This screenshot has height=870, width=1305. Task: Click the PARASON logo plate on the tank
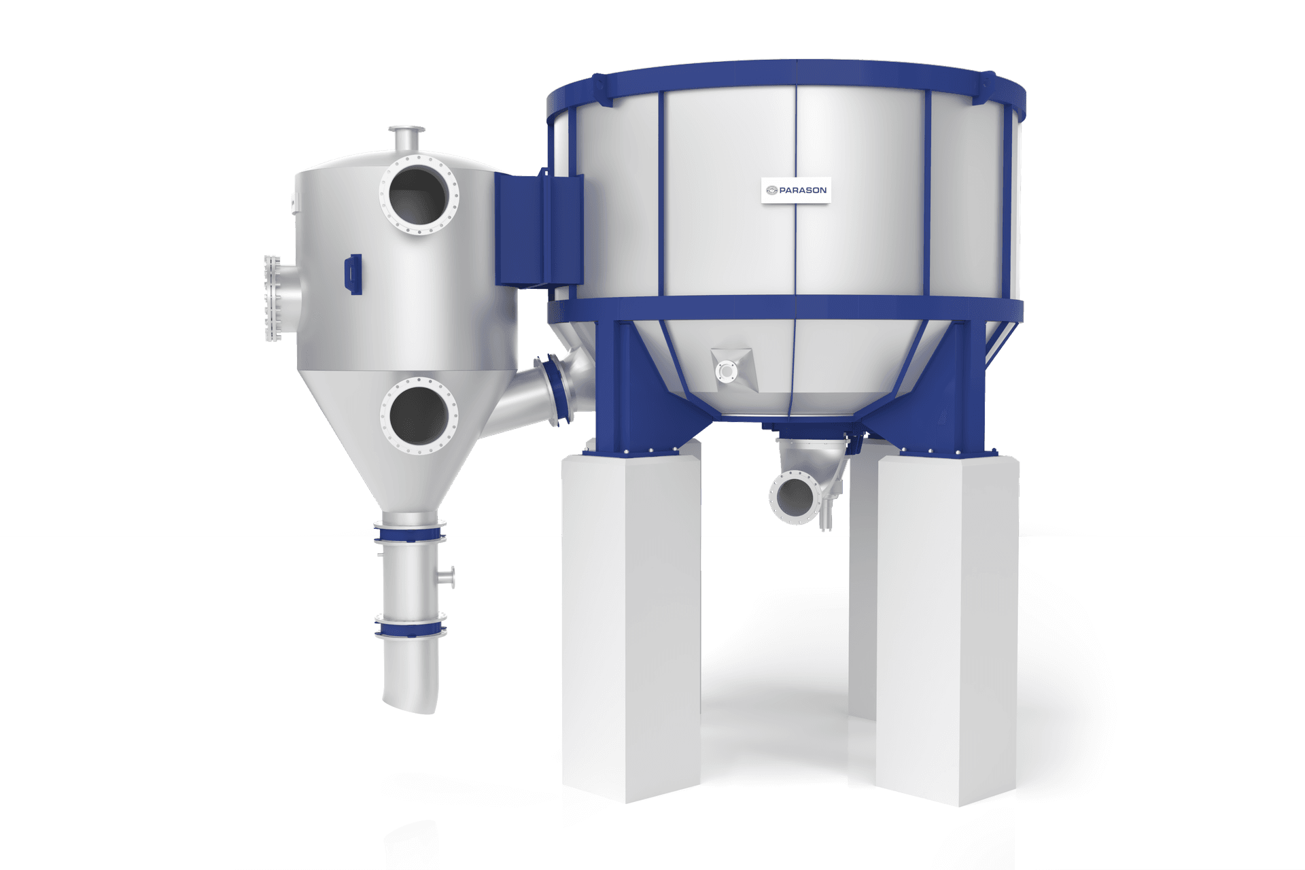pyautogui.click(x=796, y=190)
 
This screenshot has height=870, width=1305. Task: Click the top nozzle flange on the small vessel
pyautogui.click(x=406, y=130)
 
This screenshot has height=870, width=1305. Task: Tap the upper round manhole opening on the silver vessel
pyautogui.click(x=419, y=195)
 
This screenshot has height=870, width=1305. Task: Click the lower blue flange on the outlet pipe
pyautogui.click(x=410, y=627)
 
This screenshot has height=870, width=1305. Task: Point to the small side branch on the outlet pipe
pyautogui.click(x=447, y=576)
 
